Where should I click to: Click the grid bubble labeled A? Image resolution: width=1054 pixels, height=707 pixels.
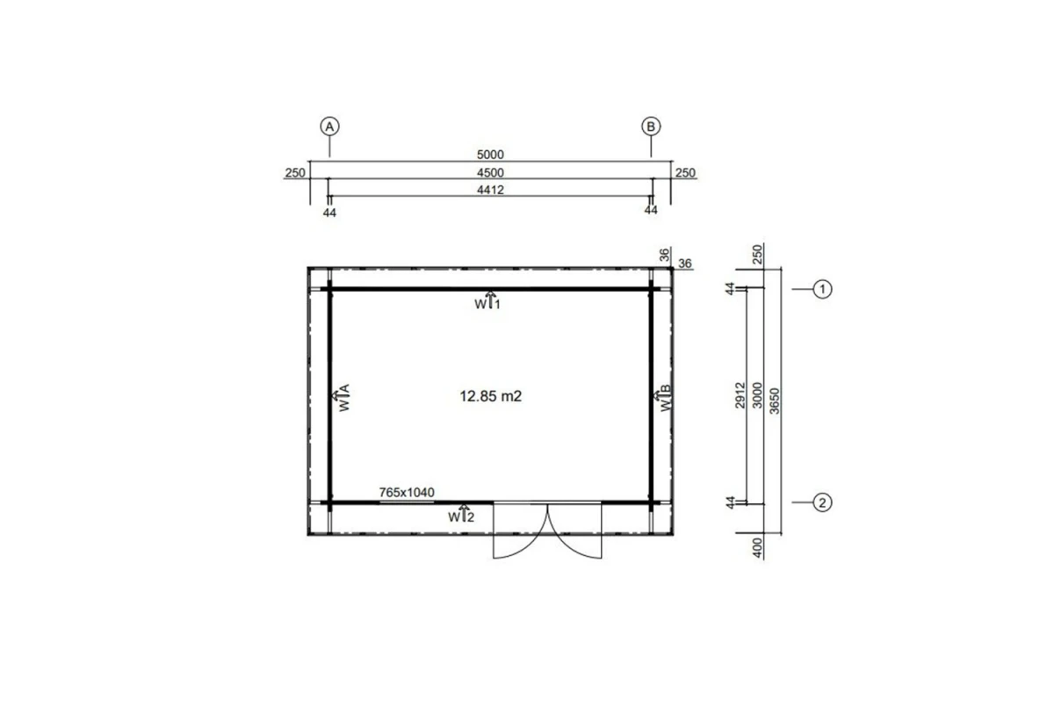click(x=330, y=126)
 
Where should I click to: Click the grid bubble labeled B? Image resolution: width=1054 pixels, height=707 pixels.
click(x=651, y=126)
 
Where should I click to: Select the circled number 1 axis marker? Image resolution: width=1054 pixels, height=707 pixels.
click(x=822, y=289)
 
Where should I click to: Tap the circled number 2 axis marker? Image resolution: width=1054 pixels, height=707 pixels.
click(x=822, y=502)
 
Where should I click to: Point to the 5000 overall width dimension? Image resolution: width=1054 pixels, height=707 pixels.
click(x=490, y=155)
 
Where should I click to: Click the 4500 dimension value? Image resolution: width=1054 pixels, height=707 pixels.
click(x=490, y=173)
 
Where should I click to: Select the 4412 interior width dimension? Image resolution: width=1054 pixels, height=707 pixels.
click(x=490, y=190)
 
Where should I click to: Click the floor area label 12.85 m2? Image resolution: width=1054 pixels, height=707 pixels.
click(x=491, y=396)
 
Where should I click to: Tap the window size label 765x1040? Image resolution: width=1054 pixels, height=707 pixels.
click(x=407, y=493)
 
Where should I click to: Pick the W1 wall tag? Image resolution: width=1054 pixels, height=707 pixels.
click(x=487, y=301)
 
